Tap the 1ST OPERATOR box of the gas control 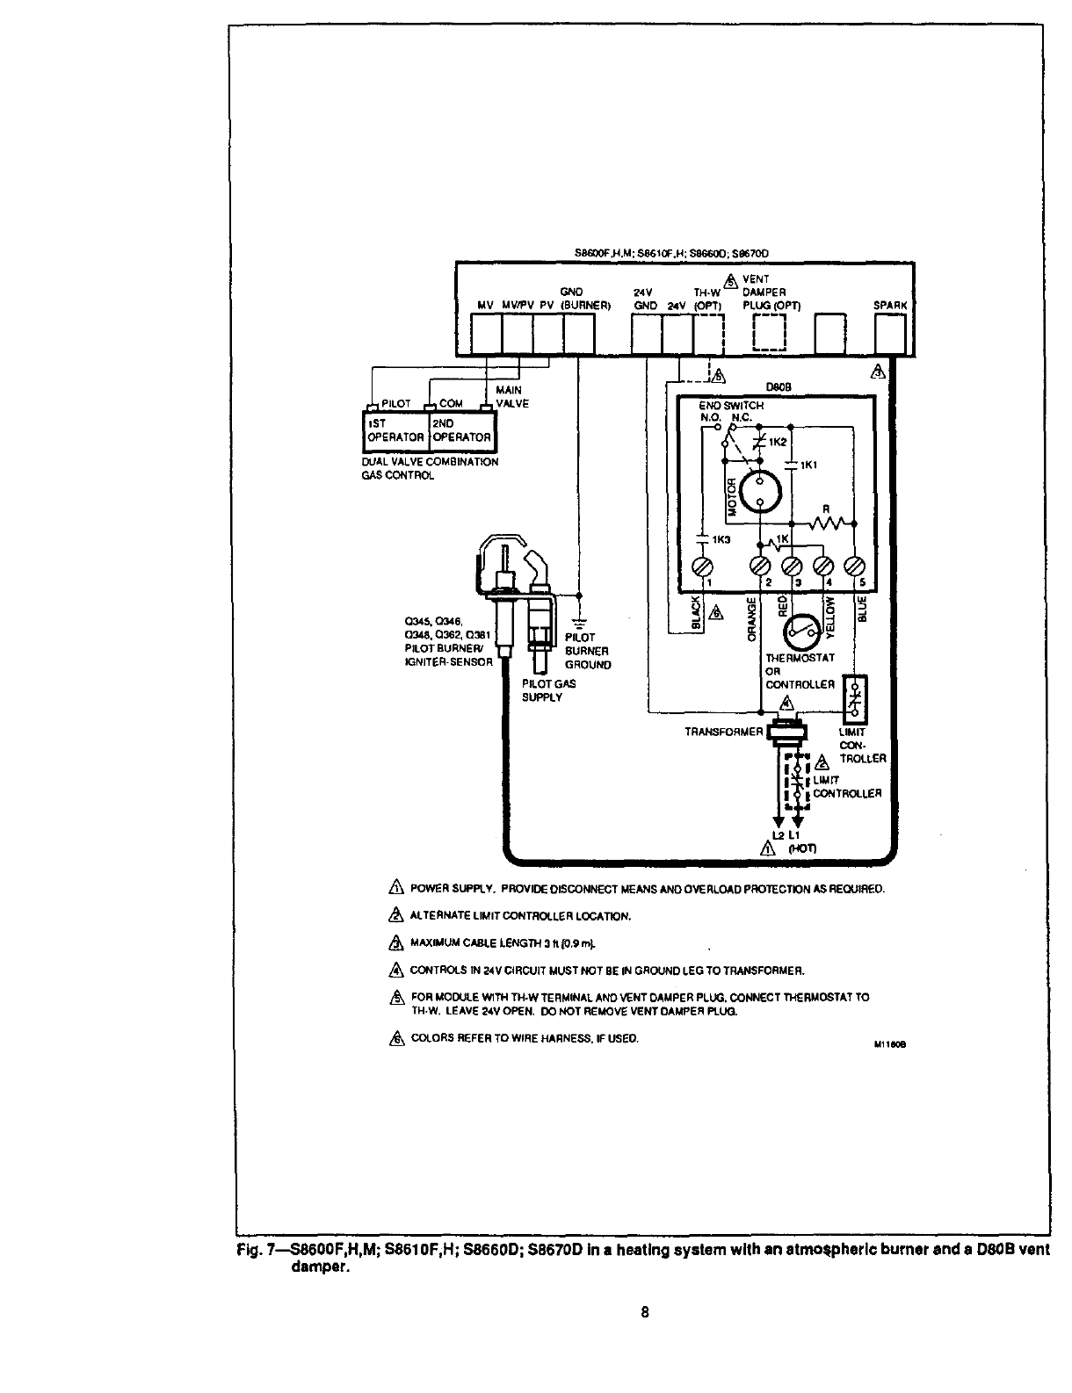[x=395, y=430]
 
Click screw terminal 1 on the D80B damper [x=703, y=567]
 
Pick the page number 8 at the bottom [x=644, y=1314]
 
